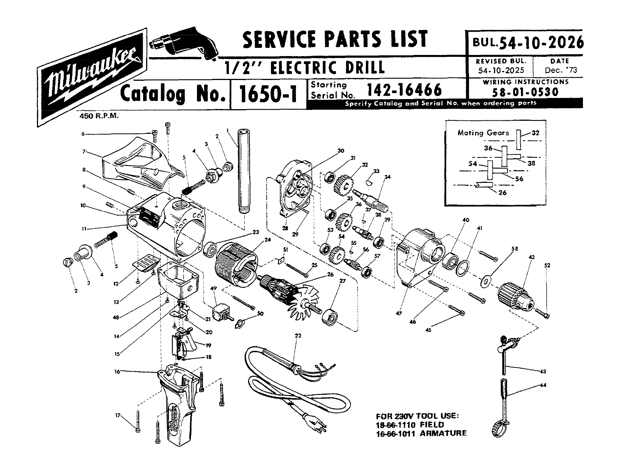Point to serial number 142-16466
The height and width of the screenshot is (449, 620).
pyautogui.click(x=404, y=90)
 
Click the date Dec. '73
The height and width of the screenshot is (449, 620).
pyautogui.click(x=559, y=70)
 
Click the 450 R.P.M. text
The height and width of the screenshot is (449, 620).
pyautogui.click(x=99, y=116)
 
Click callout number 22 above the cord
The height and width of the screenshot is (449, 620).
pyautogui.click(x=298, y=336)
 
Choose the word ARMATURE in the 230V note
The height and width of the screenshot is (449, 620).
pyautogui.click(x=443, y=433)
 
